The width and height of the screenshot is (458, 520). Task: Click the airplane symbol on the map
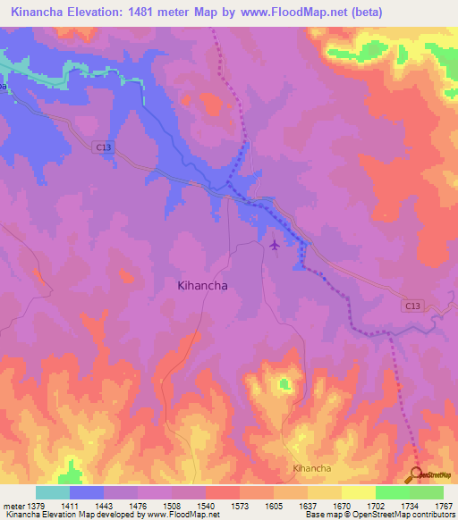274,243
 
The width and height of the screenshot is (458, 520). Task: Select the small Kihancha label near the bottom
312,468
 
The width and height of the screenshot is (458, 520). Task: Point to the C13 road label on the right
411,306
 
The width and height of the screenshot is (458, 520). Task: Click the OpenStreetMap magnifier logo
418,474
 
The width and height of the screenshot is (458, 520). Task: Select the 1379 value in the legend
36,506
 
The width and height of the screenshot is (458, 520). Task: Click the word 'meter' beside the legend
13,506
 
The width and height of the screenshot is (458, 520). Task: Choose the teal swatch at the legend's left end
53,492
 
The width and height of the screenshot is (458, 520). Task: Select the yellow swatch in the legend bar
359,492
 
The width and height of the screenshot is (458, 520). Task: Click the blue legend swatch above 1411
87,492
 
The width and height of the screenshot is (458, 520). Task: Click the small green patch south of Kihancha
284,384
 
